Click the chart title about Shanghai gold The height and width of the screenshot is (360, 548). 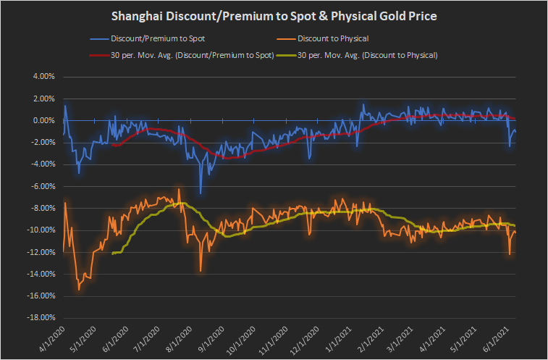(x=274, y=16)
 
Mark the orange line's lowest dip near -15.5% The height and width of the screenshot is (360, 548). (x=79, y=290)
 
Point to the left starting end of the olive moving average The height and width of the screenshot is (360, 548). (x=114, y=253)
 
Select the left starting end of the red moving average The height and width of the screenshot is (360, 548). (x=114, y=145)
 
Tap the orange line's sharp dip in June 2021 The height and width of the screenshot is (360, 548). (x=510, y=254)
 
